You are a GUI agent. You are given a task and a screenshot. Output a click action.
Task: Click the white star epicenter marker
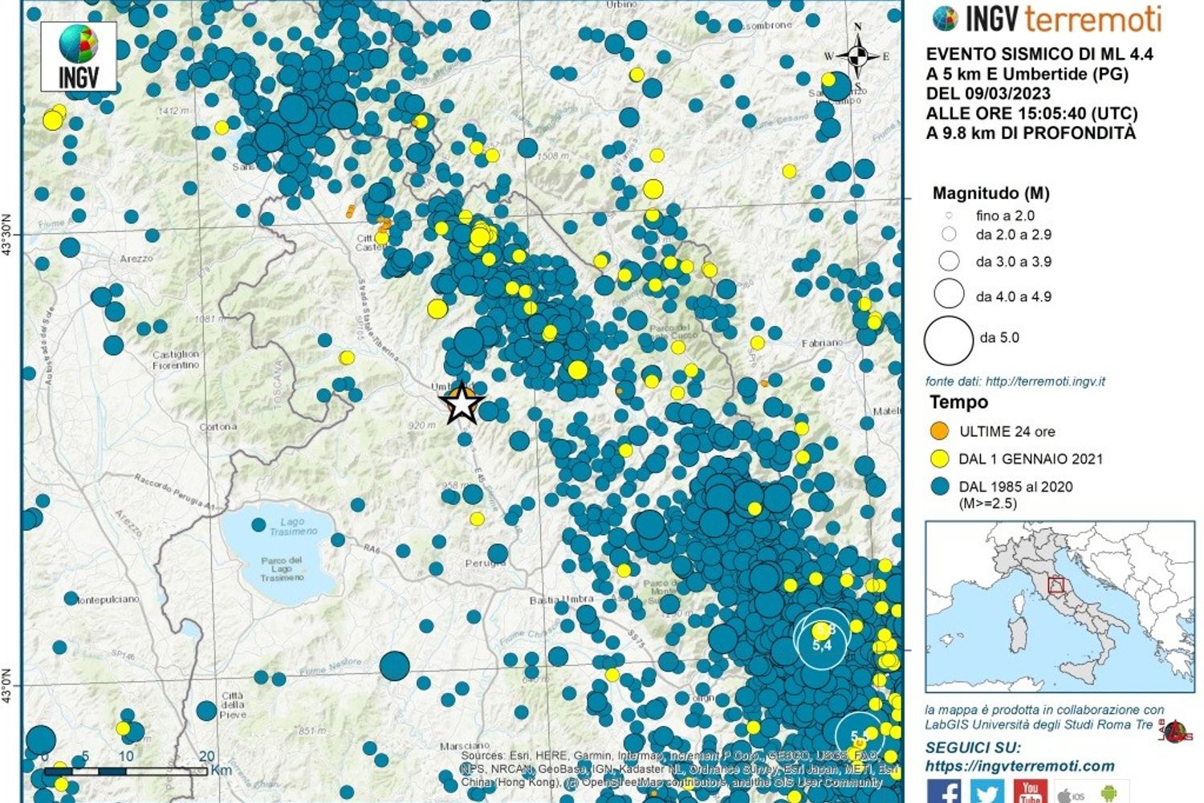pos(462,403)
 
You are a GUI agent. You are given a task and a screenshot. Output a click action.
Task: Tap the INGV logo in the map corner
pos(79,56)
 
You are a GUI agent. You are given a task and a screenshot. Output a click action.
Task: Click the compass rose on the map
pos(857,56)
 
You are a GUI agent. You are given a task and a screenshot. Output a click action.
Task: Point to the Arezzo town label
pos(136,259)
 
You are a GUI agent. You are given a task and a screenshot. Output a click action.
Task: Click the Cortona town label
pos(218,426)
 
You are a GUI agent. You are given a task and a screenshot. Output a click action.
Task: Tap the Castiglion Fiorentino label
pos(176,359)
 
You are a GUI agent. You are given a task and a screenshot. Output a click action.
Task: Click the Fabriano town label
pos(823,343)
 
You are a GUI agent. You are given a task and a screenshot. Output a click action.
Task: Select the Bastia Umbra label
pos(562,600)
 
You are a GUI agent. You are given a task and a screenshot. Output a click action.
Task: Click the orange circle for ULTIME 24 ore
pos(939,431)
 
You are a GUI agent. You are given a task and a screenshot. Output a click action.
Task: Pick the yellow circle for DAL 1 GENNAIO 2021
pos(939,459)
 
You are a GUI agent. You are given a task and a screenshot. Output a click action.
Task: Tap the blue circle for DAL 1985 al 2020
pos(939,486)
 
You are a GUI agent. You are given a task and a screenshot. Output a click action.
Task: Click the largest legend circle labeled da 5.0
pos(949,340)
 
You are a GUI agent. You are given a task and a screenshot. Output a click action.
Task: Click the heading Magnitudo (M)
pos(990,193)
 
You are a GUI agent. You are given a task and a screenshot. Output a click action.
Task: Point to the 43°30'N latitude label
pos(8,234)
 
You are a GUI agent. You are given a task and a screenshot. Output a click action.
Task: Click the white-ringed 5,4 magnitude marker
pos(821,640)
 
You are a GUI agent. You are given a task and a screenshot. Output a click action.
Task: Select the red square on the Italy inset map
pos(1056,586)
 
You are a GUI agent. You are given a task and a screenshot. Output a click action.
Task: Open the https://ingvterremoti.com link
pos(1019,766)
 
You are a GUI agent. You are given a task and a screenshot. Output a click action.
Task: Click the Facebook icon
pos(944,793)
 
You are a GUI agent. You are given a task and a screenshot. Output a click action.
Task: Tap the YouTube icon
pos(1030,792)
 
